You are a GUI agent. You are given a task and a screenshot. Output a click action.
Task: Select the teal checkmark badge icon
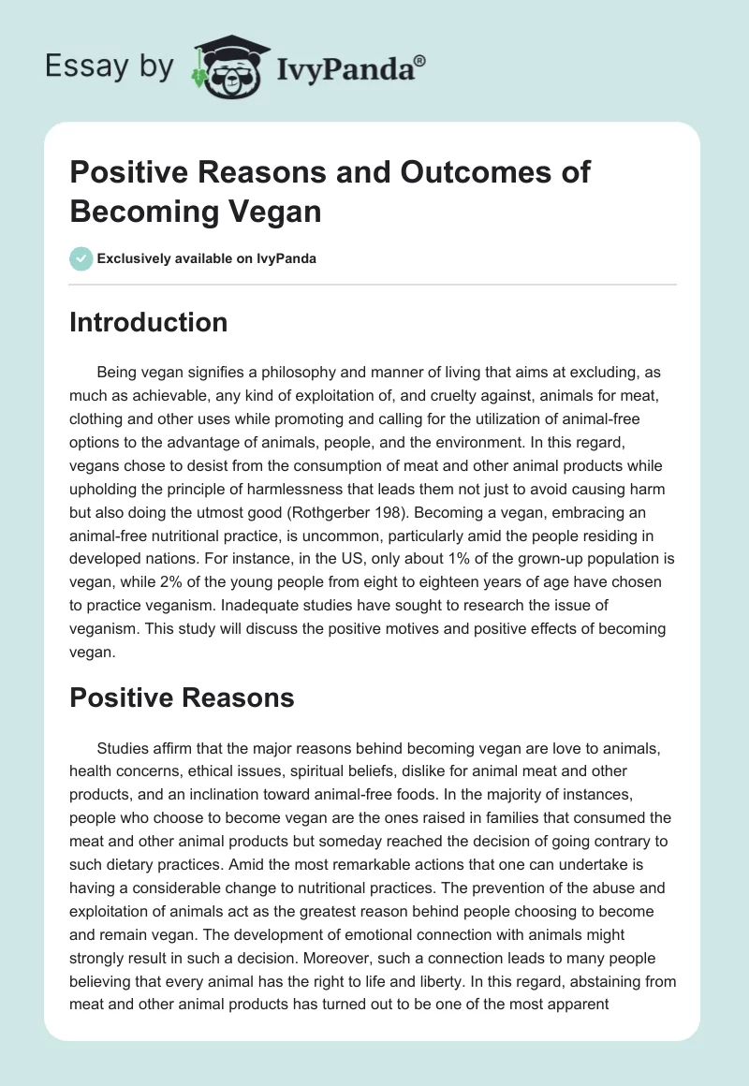pyautogui.click(x=81, y=258)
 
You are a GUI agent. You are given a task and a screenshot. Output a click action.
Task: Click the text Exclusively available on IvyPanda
pyautogui.click(x=207, y=258)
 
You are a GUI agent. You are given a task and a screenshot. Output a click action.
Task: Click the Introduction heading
pyautogui.click(x=149, y=322)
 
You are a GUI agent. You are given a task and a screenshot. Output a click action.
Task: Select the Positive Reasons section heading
pyautogui.click(x=182, y=697)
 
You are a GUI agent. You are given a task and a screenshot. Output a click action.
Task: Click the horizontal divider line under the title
pyautogui.click(x=373, y=284)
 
